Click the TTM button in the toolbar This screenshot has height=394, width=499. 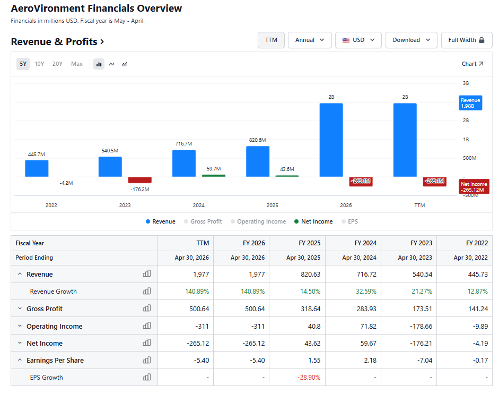[271, 40]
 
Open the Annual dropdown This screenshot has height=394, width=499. [310, 40]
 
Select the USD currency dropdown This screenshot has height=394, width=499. [358, 40]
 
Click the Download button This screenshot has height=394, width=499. [411, 40]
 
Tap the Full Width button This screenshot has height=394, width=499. [467, 40]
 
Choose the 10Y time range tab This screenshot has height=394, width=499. [39, 64]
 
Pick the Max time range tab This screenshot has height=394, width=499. [77, 64]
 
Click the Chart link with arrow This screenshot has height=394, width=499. [472, 64]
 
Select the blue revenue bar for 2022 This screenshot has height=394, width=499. [37, 168]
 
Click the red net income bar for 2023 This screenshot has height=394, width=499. [139, 180]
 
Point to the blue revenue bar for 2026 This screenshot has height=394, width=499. [331, 140]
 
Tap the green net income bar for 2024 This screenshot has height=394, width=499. [214, 176]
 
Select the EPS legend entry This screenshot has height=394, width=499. [350, 221]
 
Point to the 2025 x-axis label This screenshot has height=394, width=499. [273, 205]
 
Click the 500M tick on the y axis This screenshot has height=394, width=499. [469, 158]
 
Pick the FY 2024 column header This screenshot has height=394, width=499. [365, 243]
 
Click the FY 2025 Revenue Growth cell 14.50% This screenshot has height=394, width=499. [310, 292]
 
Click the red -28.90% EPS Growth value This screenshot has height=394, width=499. [309, 378]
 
